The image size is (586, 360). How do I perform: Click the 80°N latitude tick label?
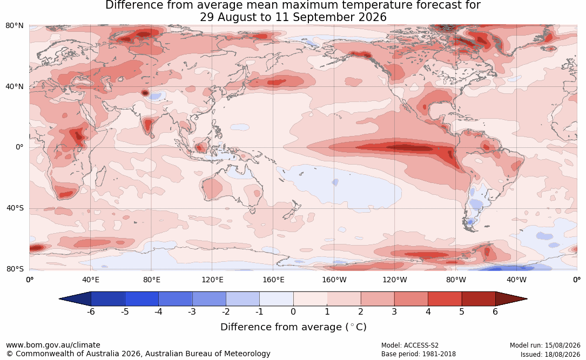click(x=14, y=26)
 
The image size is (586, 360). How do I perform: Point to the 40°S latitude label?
click(x=15, y=208)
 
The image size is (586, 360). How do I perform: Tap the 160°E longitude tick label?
click(x=273, y=280)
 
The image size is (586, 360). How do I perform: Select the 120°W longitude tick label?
click(x=395, y=280)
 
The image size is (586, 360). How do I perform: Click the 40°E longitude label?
click(x=90, y=280)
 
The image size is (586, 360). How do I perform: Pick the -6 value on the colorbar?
click(x=90, y=311)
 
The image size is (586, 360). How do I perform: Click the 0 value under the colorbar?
click(x=293, y=311)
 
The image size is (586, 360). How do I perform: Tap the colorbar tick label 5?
click(x=462, y=311)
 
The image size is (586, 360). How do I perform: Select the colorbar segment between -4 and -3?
click(x=176, y=299)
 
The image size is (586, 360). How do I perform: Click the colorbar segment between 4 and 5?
click(x=444, y=299)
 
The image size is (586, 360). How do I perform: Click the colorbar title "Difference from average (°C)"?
click(x=293, y=327)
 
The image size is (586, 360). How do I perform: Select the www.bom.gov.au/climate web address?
click(x=53, y=345)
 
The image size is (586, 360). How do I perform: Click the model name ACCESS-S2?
click(x=421, y=345)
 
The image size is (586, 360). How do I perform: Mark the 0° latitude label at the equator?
click(x=19, y=147)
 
